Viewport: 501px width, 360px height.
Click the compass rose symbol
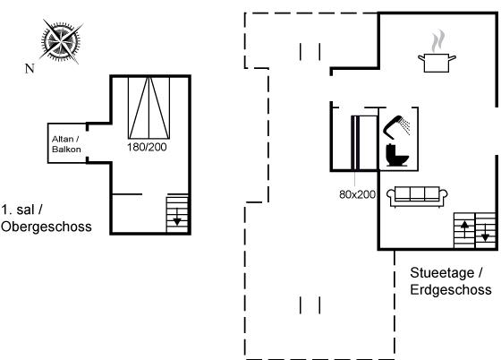(61, 41)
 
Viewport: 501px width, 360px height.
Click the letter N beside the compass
(30, 68)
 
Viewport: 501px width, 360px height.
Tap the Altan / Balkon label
(66, 144)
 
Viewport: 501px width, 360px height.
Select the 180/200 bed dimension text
(147, 147)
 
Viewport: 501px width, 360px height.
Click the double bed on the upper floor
(149, 107)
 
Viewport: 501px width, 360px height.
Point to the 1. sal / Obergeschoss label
(46, 218)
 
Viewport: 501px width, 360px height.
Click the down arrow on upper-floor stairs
(177, 217)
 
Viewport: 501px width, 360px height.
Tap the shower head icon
(397, 126)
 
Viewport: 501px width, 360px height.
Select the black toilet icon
(397, 155)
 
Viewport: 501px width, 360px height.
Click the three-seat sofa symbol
(417, 197)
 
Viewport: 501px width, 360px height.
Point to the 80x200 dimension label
(357, 194)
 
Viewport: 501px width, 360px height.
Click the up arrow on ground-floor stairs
(464, 229)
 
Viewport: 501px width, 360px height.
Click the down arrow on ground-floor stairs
(485, 233)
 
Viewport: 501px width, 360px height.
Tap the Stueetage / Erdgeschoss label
(451, 281)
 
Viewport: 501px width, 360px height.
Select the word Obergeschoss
(46, 227)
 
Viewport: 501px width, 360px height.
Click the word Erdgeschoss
(451, 289)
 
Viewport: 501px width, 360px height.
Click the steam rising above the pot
(437, 40)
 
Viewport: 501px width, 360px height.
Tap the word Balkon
(66, 150)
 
